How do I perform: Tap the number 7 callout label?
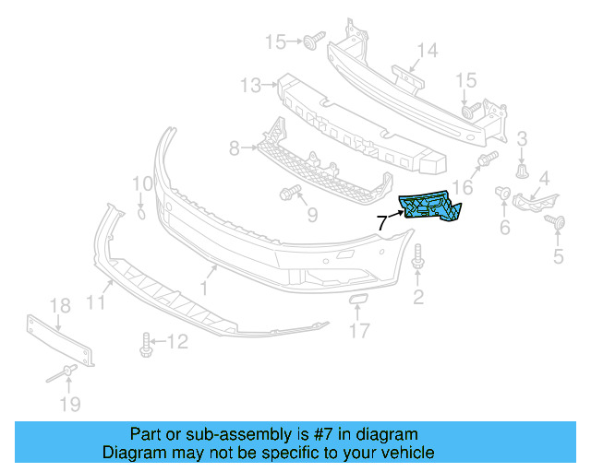(x=382, y=222)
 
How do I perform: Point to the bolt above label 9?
(x=286, y=193)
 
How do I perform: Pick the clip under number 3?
(x=523, y=171)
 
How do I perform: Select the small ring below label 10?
(x=140, y=214)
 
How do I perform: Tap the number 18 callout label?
(x=59, y=306)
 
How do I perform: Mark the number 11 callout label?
(x=96, y=301)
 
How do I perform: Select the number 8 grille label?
(x=234, y=147)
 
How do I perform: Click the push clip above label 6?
(x=504, y=193)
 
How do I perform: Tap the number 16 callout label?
(x=463, y=187)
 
